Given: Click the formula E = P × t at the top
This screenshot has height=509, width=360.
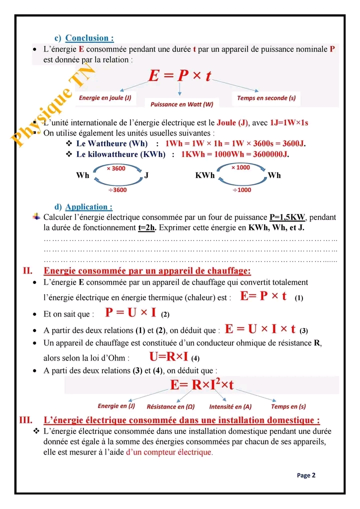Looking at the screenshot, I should click(x=180, y=75).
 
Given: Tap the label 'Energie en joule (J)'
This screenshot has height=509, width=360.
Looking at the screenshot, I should click(x=105, y=98).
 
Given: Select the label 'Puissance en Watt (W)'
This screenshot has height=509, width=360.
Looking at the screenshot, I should click(x=181, y=104).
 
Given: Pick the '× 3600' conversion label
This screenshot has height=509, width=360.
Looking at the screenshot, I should click(x=116, y=168).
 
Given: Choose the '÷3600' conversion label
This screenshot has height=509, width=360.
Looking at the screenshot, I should click(x=117, y=190).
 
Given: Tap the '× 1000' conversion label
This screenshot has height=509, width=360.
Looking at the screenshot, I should click(x=240, y=167).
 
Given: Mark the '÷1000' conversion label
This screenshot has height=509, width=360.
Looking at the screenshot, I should click(x=242, y=190).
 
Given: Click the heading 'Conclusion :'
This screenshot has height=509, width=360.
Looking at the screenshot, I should click(x=89, y=38).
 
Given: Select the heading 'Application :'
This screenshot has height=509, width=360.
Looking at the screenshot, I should click(x=89, y=207).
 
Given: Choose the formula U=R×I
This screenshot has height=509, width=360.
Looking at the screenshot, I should click(x=168, y=356).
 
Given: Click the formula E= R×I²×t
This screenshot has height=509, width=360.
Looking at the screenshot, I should click(x=202, y=385).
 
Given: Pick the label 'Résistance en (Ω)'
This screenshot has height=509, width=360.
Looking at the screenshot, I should click(x=170, y=407).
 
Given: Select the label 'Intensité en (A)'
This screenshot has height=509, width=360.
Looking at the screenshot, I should click(x=230, y=407).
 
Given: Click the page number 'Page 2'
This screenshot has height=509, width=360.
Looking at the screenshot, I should click(x=306, y=475).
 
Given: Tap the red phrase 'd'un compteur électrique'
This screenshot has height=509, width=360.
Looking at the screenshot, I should click(x=169, y=452).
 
